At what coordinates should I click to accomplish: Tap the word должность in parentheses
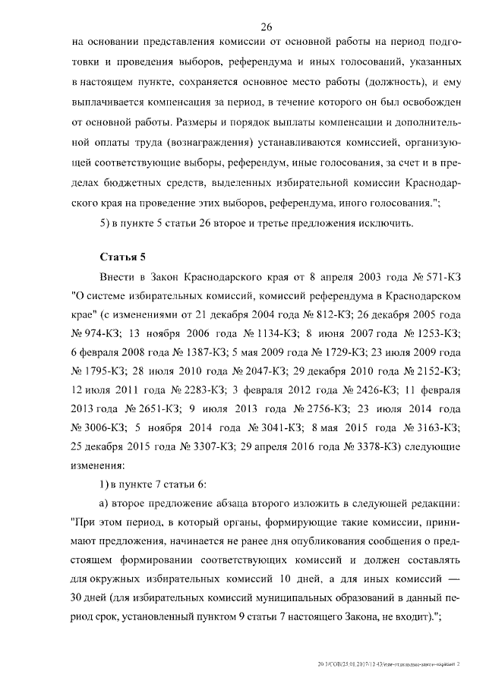click(394, 84)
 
